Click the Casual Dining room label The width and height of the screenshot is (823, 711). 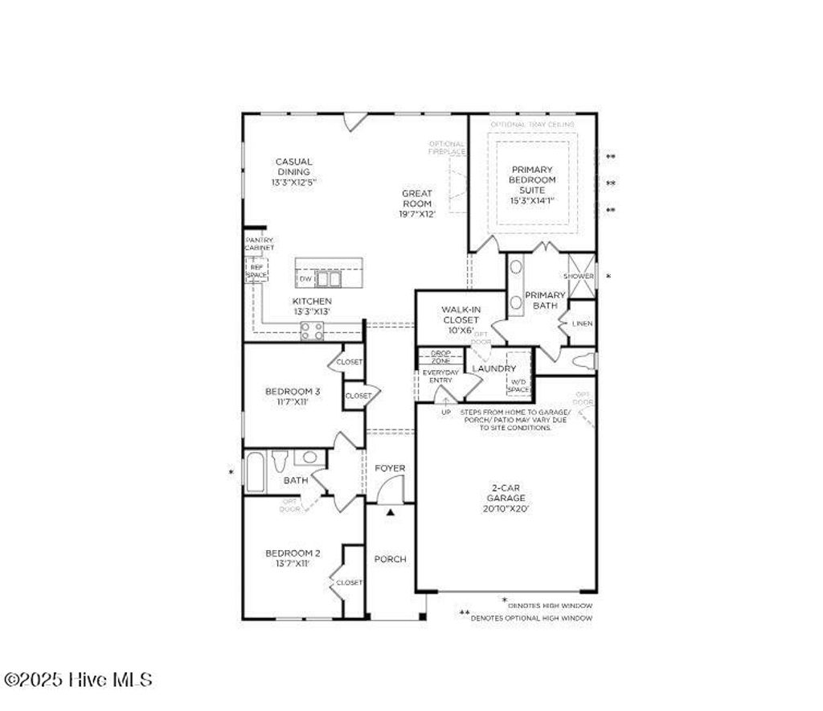293,171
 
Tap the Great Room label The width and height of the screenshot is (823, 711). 417,203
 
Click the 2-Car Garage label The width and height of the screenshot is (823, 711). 506,498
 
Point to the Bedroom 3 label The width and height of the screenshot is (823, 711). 287,396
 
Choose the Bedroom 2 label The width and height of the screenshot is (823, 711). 293,557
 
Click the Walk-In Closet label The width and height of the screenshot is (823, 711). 461,319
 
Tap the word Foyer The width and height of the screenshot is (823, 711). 391,468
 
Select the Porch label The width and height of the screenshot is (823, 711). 391,559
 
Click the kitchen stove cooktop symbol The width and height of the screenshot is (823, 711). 312,331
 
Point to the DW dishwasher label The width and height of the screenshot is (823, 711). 305,278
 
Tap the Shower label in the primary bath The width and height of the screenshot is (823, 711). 581,276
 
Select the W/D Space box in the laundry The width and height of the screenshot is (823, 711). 519,385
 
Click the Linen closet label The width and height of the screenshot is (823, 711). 583,323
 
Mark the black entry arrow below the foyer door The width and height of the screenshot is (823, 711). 391,511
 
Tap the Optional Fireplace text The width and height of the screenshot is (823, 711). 447,147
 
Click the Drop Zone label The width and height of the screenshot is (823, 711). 440,357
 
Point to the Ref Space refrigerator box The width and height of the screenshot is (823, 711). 256,270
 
